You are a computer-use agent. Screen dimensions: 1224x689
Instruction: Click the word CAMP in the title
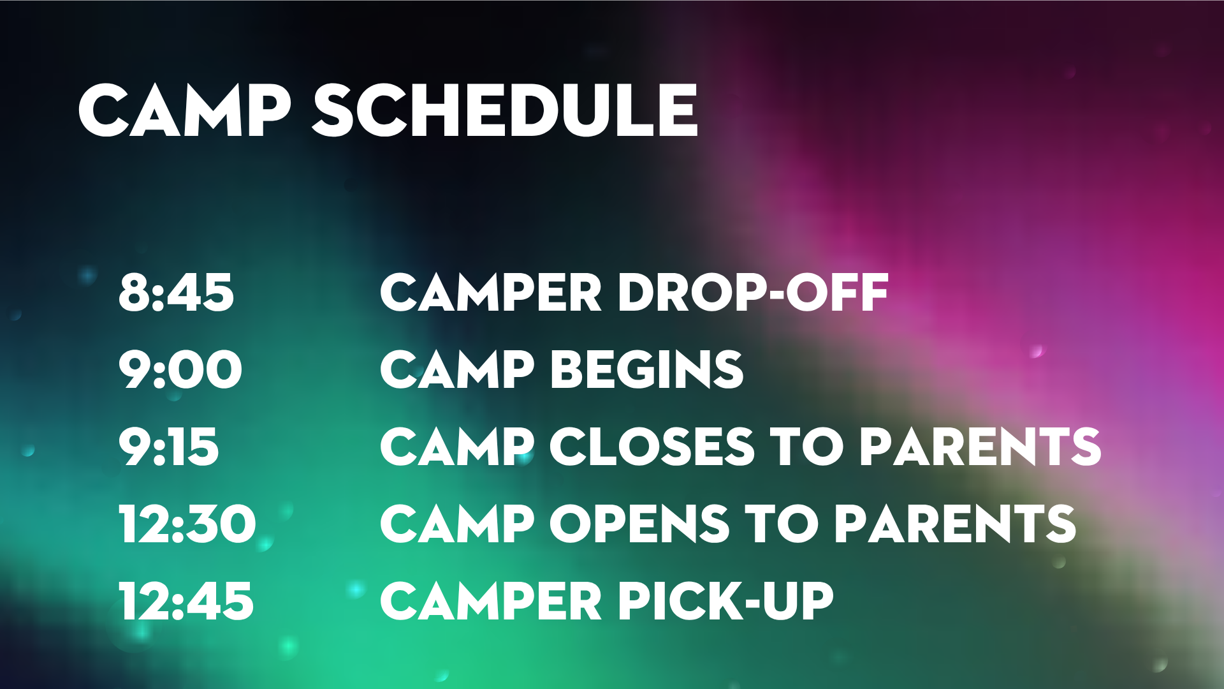click(x=185, y=110)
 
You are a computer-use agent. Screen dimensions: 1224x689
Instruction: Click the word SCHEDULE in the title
click(x=505, y=110)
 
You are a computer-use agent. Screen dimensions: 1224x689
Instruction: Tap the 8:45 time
click(x=176, y=293)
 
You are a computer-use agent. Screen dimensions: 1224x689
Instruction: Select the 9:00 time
click(x=180, y=370)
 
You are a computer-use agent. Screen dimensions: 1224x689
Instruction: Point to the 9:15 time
click(x=168, y=447)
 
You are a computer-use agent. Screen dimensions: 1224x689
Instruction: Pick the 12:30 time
click(x=187, y=524)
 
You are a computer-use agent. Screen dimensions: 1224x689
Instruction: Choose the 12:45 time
click(x=186, y=601)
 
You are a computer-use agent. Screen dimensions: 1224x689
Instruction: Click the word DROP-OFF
click(x=753, y=293)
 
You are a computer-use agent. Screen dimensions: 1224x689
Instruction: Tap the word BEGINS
click(x=647, y=370)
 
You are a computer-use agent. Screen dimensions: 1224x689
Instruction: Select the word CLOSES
click(x=652, y=447)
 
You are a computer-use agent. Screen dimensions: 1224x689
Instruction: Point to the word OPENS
click(x=639, y=524)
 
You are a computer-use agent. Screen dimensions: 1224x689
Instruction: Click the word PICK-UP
click(x=725, y=601)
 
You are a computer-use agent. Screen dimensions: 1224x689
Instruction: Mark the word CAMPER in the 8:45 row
click(x=491, y=293)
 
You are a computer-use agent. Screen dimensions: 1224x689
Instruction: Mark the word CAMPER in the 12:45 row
click(x=491, y=601)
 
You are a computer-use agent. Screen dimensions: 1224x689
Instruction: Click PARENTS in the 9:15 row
click(x=980, y=447)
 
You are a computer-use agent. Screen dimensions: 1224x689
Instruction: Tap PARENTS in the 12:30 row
click(x=955, y=524)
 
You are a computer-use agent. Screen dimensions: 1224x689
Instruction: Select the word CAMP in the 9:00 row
click(x=456, y=370)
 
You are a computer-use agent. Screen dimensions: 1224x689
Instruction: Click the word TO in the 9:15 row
click(x=807, y=447)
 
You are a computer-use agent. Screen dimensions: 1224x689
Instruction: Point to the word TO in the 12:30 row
click(x=782, y=524)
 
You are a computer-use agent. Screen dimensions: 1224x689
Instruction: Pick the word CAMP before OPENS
click(x=456, y=524)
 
